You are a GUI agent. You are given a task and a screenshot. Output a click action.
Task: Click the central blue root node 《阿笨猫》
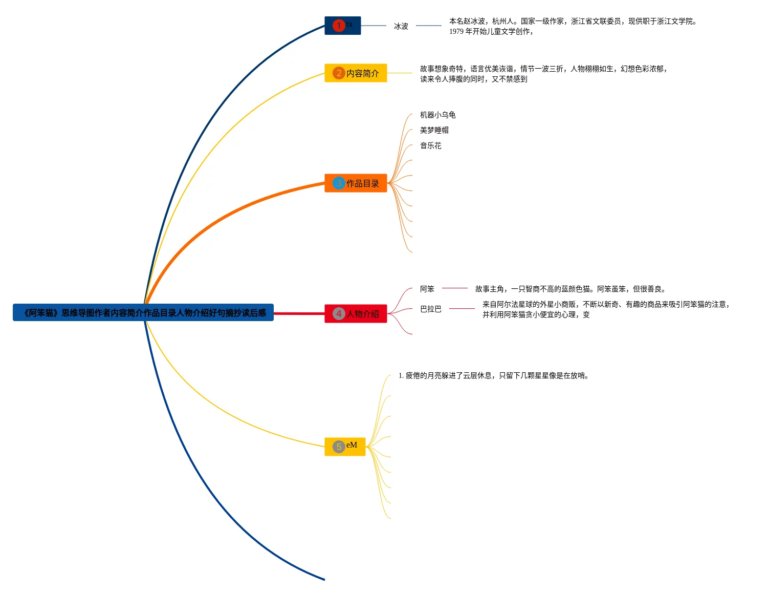(x=143, y=313)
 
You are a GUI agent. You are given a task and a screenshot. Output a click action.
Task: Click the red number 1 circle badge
(x=338, y=26)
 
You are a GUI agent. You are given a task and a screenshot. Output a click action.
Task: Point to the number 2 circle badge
(x=338, y=73)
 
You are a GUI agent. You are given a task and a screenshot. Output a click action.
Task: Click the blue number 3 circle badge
(x=338, y=183)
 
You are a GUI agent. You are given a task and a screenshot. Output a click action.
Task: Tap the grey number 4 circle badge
(x=338, y=314)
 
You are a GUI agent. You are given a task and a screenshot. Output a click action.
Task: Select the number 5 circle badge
(x=338, y=447)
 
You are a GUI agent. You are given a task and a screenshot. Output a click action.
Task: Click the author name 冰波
(x=401, y=26)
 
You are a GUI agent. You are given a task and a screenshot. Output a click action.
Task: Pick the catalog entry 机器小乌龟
(x=438, y=115)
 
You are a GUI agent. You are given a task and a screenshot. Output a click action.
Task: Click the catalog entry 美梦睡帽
(x=434, y=131)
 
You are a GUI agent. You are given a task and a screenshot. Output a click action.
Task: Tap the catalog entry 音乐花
(x=431, y=146)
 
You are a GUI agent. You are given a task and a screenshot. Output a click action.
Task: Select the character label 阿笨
(x=427, y=289)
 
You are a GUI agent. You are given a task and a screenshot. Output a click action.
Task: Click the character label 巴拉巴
(x=431, y=309)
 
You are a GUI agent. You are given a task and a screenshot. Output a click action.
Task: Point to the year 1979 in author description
(x=456, y=32)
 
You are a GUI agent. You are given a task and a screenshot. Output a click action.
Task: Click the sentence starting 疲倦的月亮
(x=494, y=376)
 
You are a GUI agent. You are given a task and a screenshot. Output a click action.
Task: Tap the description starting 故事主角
(x=570, y=289)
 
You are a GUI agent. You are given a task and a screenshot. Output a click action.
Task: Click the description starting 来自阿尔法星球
(x=606, y=305)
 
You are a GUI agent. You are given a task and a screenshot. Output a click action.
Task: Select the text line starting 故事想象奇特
(x=544, y=69)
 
